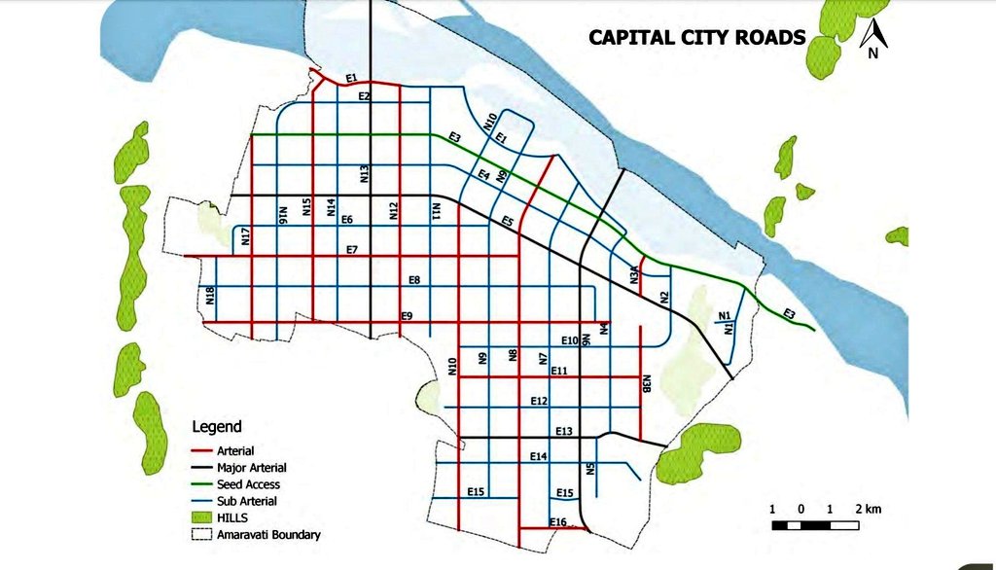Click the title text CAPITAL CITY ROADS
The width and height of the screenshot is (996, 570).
696,38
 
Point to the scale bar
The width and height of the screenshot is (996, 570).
815,525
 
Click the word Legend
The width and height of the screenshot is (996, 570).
217,426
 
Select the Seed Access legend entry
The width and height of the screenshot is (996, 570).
248,484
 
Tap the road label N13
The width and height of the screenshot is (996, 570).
364,174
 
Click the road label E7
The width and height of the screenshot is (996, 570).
352,250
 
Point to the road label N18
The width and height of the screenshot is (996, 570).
210,296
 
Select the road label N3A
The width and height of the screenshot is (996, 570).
633,273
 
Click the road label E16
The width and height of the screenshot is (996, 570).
557,522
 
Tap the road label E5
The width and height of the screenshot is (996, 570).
507,222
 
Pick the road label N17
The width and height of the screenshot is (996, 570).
246,235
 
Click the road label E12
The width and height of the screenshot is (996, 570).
540,401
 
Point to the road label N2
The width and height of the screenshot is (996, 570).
664,298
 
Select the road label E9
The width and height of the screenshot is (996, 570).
407,316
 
